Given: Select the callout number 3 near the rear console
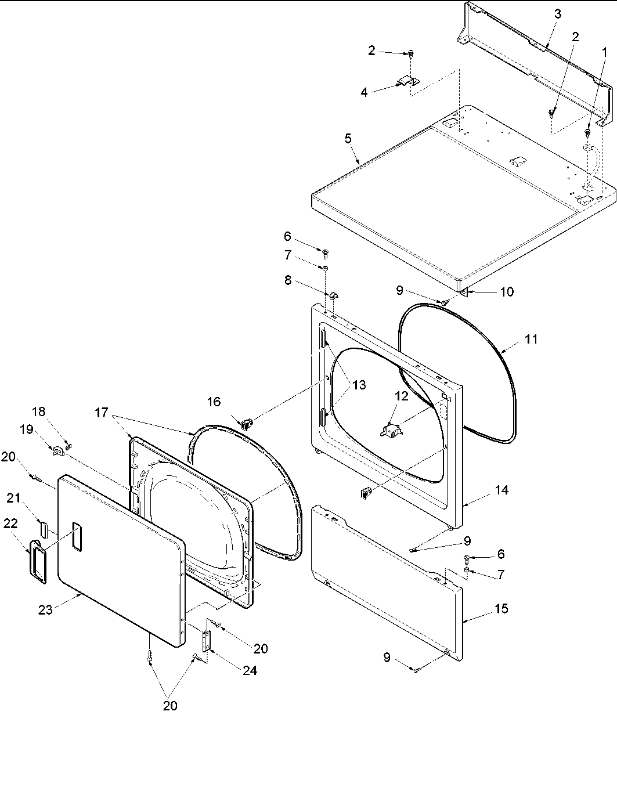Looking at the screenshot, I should pyautogui.click(x=557, y=15).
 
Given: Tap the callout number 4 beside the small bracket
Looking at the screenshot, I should pyautogui.click(x=364, y=92).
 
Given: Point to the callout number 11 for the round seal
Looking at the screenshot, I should pyautogui.click(x=531, y=340).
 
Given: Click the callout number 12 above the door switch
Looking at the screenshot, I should pyautogui.click(x=402, y=396).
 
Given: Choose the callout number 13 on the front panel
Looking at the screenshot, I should pyautogui.click(x=359, y=385).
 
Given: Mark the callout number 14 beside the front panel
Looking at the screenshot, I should pyautogui.click(x=501, y=490).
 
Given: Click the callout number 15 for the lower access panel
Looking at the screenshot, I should pyautogui.click(x=501, y=609).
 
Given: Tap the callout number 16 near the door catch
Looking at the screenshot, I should pyautogui.click(x=214, y=402).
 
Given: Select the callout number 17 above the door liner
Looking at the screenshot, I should pyautogui.click(x=102, y=413).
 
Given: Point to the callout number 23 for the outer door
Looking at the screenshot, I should pyautogui.click(x=46, y=609).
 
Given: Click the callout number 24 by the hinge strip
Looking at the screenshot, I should pyautogui.click(x=250, y=670).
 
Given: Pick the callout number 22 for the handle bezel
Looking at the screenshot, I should pyautogui.click(x=10, y=523).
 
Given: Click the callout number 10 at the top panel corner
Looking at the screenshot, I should pyautogui.click(x=506, y=292).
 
